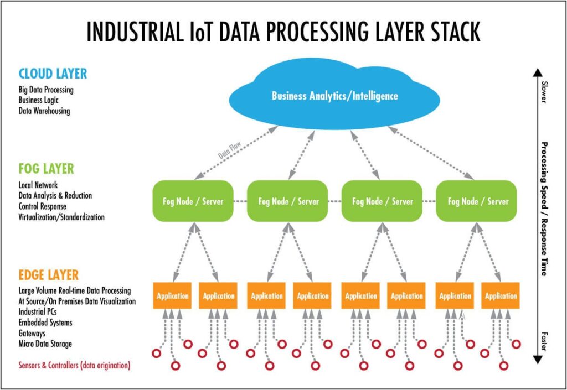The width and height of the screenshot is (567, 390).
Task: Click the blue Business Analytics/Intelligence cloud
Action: click(x=334, y=96)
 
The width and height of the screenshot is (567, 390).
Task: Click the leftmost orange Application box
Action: click(x=172, y=295)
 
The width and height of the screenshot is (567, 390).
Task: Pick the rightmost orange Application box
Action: click(x=500, y=295)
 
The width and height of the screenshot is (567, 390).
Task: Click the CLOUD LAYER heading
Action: click(x=53, y=74)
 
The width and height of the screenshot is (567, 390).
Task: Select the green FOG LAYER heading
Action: click(x=46, y=168)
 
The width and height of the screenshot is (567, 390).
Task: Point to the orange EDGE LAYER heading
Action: click(x=48, y=275)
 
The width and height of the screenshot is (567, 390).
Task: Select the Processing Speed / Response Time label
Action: click(x=544, y=209)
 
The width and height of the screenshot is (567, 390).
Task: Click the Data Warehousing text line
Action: click(x=44, y=111)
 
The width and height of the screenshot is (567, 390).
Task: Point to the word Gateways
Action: click(x=32, y=333)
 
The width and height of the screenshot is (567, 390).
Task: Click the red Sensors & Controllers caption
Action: click(x=74, y=365)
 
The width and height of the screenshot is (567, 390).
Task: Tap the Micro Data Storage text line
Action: click(x=45, y=344)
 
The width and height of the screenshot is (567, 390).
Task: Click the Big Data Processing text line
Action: click(x=46, y=90)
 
